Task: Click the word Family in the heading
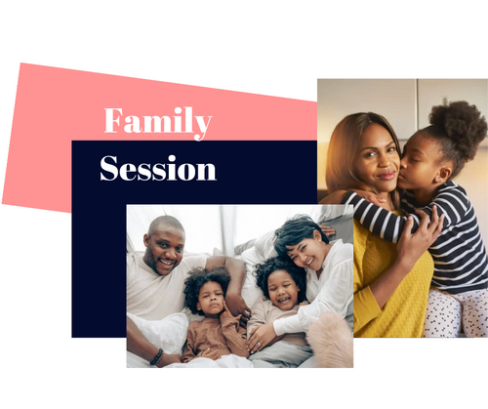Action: pyautogui.click(x=158, y=123)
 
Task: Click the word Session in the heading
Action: pyautogui.click(x=158, y=168)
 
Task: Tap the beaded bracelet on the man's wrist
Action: pyautogui.click(x=156, y=356)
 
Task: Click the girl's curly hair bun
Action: pyautogui.click(x=458, y=125)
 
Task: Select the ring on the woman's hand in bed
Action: pyautogui.click(x=260, y=344)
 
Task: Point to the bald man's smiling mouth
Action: pyautogui.click(x=167, y=262)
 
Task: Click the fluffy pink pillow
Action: pyautogui.click(x=330, y=339)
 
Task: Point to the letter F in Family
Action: pyautogui.click(x=114, y=120)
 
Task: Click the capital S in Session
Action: pyautogui.click(x=109, y=168)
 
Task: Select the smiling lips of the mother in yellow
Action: pyautogui.click(x=386, y=176)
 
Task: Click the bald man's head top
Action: pyautogui.click(x=166, y=223)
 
